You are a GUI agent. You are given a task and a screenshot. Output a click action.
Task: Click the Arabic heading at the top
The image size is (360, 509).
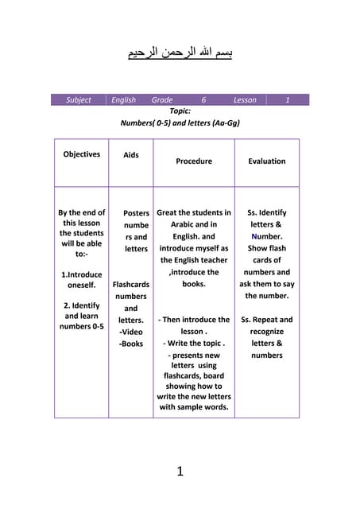[180, 53]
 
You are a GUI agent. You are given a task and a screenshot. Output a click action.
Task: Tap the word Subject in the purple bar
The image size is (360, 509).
[78, 100]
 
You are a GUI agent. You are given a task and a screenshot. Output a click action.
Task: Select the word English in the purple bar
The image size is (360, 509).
[123, 100]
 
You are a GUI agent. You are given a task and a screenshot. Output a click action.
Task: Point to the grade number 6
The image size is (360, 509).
[203, 100]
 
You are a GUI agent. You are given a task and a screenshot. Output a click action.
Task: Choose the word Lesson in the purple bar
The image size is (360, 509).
[245, 100]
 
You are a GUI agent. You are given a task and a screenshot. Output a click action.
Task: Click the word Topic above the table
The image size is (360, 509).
[180, 112]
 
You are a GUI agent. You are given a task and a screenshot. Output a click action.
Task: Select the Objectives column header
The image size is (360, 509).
[81, 154]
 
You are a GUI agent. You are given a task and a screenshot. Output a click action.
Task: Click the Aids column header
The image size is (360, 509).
[131, 155]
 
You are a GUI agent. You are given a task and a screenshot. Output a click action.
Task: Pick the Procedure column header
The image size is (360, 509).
[194, 161]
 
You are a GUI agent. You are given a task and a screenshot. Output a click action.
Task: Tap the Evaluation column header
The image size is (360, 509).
[266, 161]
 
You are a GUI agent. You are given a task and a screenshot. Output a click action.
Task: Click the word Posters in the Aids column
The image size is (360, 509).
[136, 213]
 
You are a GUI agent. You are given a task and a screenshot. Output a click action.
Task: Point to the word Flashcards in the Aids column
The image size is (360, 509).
[131, 284]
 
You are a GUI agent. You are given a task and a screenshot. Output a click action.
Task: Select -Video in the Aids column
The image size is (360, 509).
[131, 332]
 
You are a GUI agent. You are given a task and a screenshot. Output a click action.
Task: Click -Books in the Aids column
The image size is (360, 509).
[131, 344]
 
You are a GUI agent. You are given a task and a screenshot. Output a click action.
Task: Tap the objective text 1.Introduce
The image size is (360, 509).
[81, 274]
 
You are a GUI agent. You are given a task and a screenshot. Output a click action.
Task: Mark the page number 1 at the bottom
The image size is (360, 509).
[180, 472]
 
